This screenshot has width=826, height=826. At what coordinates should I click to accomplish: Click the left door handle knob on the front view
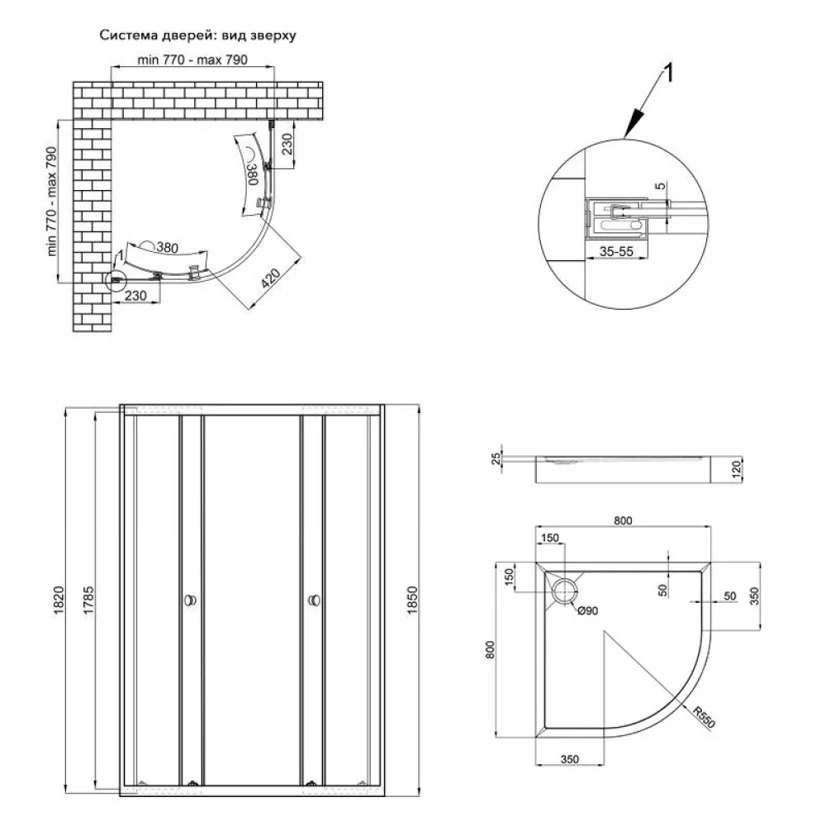pyautogui.click(x=191, y=601)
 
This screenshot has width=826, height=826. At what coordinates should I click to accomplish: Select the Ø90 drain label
pyautogui.click(x=587, y=611)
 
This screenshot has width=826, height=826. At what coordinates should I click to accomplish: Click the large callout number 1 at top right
pyautogui.click(x=670, y=73)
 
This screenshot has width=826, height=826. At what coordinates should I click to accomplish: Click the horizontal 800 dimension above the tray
pyautogui.click(x=623, y=520)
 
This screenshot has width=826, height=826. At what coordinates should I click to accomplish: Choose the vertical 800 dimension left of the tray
pyautogui.click(x=491, y=652)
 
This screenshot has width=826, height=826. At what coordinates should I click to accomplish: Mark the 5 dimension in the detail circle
pyautogui.click(x=658, y=188)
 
